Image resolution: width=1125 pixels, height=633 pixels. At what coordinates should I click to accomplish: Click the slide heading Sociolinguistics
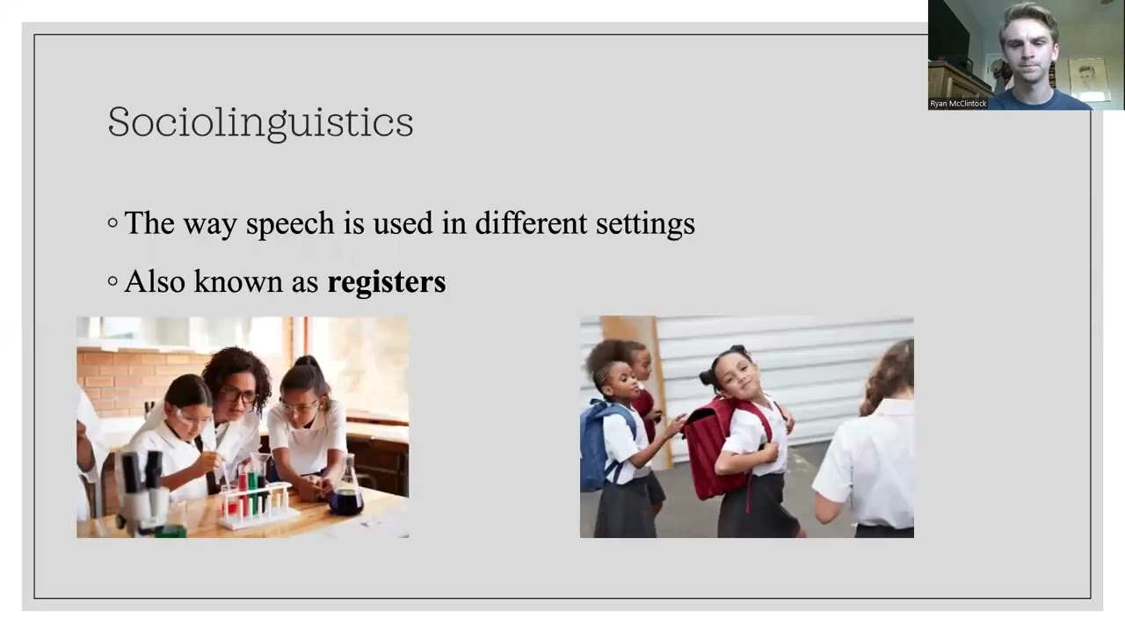click(260, 122)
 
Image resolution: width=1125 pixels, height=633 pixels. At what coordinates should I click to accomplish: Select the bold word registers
click(386, 282)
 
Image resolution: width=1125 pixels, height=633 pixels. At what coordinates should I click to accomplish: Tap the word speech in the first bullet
click(290, 224)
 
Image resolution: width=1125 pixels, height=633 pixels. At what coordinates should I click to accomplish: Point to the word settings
click(645, 224)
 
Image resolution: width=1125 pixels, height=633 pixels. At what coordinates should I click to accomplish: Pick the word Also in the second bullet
click(155, 281)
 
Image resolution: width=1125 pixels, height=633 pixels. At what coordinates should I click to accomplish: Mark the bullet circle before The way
click(112, 224)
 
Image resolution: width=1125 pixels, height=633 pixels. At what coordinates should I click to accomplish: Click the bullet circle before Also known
click(112, 282)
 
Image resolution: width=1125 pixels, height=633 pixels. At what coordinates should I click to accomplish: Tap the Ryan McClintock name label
click(958, 104)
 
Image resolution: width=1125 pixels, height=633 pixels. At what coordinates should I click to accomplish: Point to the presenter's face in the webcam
click(1027, 44)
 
